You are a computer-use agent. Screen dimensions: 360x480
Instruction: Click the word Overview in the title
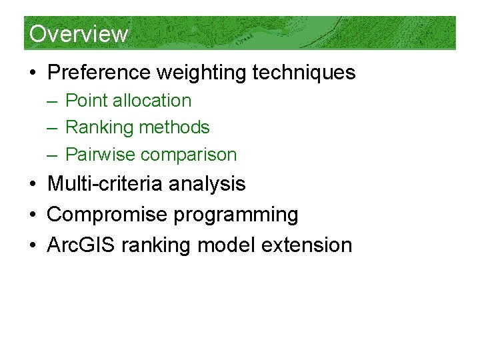point(79,33)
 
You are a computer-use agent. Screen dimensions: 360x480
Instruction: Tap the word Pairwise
point(101,155)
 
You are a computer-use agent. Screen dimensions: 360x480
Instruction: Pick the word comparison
point(189,155)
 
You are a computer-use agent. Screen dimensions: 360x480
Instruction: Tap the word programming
point(228,215)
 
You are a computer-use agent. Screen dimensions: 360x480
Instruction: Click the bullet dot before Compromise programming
point(34,215)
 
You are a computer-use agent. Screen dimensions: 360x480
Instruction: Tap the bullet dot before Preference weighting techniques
point(34,73)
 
